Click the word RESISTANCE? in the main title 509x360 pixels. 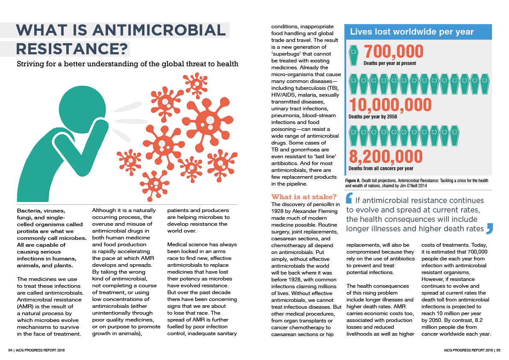pos(72,49)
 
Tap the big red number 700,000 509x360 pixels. pos(393,52)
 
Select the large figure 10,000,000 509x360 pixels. pos(390,105)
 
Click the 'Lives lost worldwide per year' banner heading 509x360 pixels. pos(412,32)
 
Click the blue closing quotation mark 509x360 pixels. pos(490,228)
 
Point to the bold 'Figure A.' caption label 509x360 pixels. pos(355,181)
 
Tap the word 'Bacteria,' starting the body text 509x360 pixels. pos(31,210)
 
